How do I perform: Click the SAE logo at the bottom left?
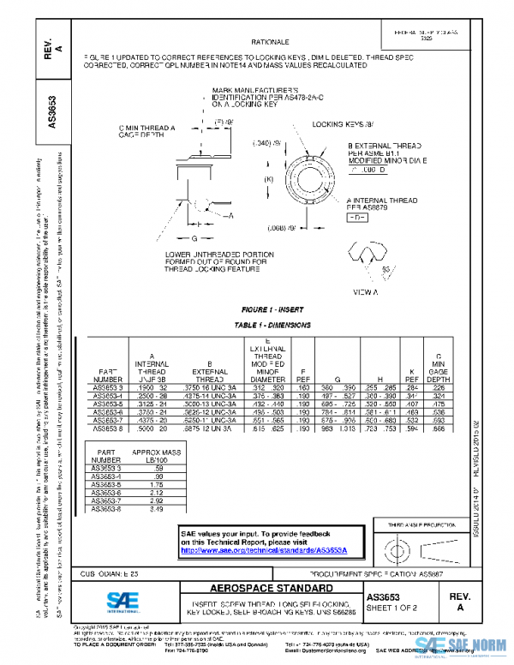point(126,601)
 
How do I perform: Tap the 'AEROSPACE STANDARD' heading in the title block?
point(259,590)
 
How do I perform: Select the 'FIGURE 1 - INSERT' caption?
point(272,309)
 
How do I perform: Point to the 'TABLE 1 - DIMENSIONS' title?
point(272,327)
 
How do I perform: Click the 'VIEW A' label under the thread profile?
point(366,293)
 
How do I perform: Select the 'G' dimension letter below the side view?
point(195,237)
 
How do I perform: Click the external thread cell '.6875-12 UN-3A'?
point(208,428)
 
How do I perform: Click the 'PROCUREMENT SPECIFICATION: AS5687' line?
point(374,572)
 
